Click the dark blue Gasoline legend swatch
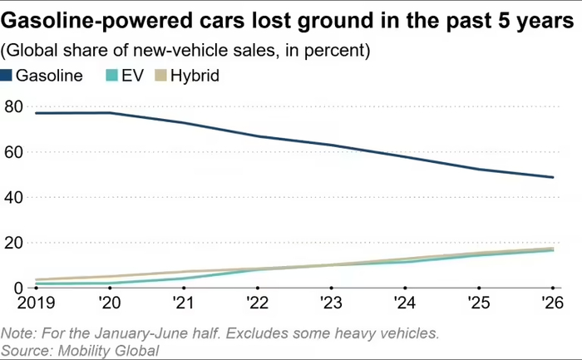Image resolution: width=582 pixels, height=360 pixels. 7,76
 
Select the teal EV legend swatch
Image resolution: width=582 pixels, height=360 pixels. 111,76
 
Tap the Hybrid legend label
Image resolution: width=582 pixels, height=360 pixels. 195,76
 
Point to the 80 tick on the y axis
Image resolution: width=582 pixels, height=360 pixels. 14,107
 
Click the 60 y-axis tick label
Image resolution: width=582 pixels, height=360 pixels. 14,152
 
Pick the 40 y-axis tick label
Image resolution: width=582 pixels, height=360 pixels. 14,197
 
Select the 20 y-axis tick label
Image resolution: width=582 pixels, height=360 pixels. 14,243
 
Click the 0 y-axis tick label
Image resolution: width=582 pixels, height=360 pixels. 18,288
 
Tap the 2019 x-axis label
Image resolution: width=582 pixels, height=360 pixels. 36,303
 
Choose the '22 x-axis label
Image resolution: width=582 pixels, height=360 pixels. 257,303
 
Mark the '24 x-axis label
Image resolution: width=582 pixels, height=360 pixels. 405,303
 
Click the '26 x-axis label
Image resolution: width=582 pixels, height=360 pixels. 552,303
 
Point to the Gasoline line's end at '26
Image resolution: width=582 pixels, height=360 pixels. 553,177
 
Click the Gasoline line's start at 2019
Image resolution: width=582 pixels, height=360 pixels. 37,113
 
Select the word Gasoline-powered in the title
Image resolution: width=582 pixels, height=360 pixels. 97,21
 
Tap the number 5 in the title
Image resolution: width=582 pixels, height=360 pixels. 503,21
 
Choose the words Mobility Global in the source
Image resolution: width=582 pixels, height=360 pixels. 108,351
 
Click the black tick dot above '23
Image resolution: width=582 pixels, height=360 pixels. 331,288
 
